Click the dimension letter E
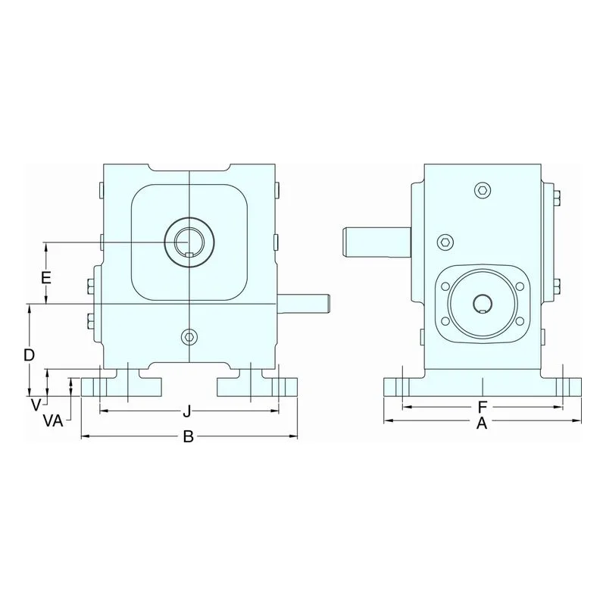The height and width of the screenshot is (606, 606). click(x=46, y=278)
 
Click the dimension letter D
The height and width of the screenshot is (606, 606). click(x=30, y=355)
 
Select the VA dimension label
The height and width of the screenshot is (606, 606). click(x=53, y=421)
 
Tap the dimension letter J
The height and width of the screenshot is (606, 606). click(x=187, y=411)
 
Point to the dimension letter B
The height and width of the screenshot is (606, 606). click(x=188, y=437)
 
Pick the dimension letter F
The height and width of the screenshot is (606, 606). click(x=482, y=407)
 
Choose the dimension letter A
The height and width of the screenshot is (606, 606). click(x=482, y=423)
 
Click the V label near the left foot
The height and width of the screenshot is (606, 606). click(x=36, y=405)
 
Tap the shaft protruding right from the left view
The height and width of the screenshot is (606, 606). click(x=304, y=304)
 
